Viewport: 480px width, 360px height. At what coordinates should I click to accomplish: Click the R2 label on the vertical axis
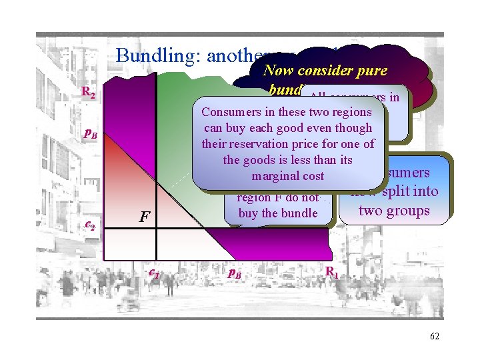pos(87,95)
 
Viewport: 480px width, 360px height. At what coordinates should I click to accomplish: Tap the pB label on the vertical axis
pos(90,134)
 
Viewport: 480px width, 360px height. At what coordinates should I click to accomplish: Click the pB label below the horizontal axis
pos(234,272)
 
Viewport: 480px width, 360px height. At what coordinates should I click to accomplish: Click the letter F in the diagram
pos(144,217)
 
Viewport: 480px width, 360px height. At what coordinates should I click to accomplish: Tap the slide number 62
pos(433,336)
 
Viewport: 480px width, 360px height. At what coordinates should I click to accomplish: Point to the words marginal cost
pos(288,176)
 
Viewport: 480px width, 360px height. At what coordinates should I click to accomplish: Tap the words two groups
pos(395,211)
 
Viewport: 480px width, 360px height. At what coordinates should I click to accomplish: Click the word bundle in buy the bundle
pos(299,213)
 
